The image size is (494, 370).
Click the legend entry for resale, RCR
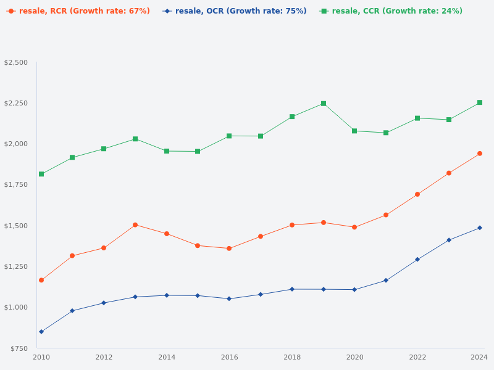pyautogui.click(x=78, y=11)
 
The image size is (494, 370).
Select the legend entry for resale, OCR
pyautogui.click(x=235, y=11)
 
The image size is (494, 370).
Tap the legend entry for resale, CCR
pyautogui.click(x=391, y=11)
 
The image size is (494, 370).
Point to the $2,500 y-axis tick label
pyautogui.click(x=16, y=62)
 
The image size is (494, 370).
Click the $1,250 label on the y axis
pyautogui.click(x=16, y=266)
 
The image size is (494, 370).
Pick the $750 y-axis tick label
pyautogui.click(x=19, y=348)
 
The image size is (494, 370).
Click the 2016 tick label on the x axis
pyautogui.click(x=229, y=357)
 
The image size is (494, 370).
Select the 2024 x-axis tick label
pyautogui.click(x=479, y=357)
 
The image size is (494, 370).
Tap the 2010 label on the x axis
pyautogui.click(x=41, y=357)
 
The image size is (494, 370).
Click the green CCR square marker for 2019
pyautogui.click(x=324, y=104)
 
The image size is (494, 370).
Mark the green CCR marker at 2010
pyautogui.click(x=41, y=174)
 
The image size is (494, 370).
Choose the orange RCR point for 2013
pyautogui.click(x=135, y=224)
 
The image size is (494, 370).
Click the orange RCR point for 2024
pyautogui.click(x=480, y=154)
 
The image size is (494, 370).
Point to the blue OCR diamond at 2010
pyautogui.click(x=41, y=332)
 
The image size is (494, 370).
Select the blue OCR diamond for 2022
pyautogui.click(x=417, y=260)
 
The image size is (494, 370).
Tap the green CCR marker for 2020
pyautogui.click(x=354, y=131)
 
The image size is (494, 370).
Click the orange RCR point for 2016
pyautogui.click(x=229, y=249)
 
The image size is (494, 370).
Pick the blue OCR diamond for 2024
pyautogui.click(x=480, y=228)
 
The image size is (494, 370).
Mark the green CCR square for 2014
pyautogui.click(x=167, y=151)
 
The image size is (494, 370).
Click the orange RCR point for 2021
pyautogui.click(x=386, y=215)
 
